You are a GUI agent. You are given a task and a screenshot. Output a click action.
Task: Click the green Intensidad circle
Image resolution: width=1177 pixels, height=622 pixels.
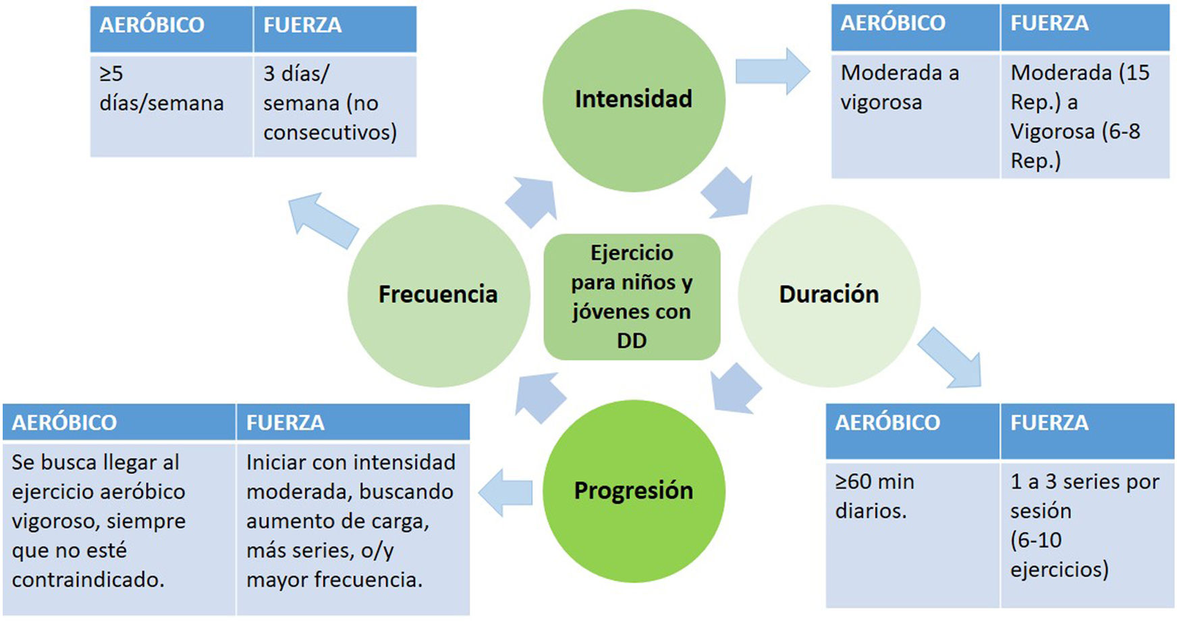tap(633, 100)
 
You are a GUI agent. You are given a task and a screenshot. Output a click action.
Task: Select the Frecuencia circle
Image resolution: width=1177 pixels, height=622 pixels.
tap(438, 295)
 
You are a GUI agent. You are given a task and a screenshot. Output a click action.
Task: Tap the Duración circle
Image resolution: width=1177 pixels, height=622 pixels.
tap(829, 295)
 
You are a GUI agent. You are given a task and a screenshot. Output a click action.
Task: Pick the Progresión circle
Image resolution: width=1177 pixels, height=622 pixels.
tap(633, 491)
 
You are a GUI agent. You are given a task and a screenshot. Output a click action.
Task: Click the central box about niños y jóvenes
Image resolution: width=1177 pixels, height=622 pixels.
tap(632, 296)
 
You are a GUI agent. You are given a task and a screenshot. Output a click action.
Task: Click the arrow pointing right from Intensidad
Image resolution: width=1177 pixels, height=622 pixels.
tap(772, 71)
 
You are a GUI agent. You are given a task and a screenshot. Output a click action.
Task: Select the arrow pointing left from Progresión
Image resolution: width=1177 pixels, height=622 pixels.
tap(505, 492)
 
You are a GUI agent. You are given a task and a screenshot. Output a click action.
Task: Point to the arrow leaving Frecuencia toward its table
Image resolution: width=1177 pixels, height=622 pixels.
tap(323, 220)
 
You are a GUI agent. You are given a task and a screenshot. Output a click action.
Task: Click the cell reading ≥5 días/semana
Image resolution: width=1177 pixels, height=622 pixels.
tap(171, 105)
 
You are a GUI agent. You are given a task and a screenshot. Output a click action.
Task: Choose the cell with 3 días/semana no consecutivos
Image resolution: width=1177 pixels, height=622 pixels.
tap(334, 105)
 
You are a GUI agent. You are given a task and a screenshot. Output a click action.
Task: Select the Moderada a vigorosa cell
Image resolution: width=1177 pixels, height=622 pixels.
tap(914, 115)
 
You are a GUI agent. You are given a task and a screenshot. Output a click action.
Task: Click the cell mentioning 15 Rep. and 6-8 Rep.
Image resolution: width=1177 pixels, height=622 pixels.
tap(1084, 115)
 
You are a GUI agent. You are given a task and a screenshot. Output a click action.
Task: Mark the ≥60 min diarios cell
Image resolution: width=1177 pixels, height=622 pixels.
tap(912, 534)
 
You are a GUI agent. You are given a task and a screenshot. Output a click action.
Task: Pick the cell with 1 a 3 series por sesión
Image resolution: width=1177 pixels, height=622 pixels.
tap(1086, 534)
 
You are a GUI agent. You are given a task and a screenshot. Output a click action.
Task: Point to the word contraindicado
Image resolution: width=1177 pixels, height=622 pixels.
tap(88, 580)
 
